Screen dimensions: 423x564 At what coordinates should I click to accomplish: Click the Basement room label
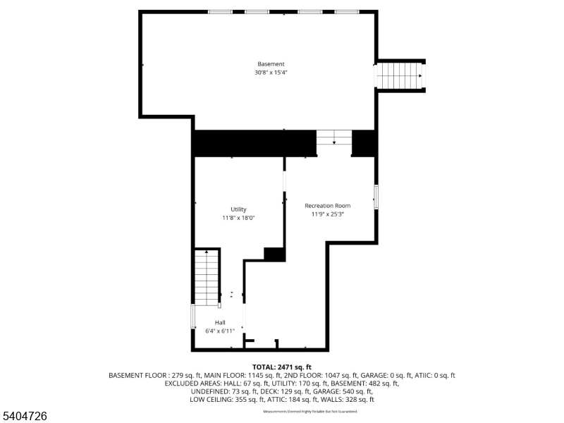pos(271,64)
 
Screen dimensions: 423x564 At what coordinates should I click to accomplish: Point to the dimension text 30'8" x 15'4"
pos(271,73)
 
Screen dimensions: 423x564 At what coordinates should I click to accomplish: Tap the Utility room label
pos(238,209)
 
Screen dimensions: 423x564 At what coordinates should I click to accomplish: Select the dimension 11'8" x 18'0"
pos(238,218)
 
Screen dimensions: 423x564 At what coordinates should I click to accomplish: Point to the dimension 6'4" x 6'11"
pos(220,331)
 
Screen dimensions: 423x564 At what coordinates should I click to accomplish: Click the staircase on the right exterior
pos(400,75)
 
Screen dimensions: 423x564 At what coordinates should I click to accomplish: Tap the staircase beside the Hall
pos(207,277)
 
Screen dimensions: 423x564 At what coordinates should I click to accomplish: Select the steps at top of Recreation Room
pos(333,137)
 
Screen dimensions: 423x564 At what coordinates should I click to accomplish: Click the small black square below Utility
pos(274,255)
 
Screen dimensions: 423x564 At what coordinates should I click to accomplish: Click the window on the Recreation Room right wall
pos(376,197)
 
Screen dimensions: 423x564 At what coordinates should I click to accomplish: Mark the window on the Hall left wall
pos(193,316)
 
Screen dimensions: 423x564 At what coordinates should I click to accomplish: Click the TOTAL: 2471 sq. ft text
pos(281,367)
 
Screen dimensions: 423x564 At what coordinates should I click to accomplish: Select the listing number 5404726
pos(24,417)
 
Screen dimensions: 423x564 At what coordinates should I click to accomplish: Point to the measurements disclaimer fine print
pos(310,411)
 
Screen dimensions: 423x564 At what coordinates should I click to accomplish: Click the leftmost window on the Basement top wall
pos(220,11)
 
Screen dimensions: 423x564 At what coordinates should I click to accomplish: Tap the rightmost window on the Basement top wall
pos(347,11)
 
